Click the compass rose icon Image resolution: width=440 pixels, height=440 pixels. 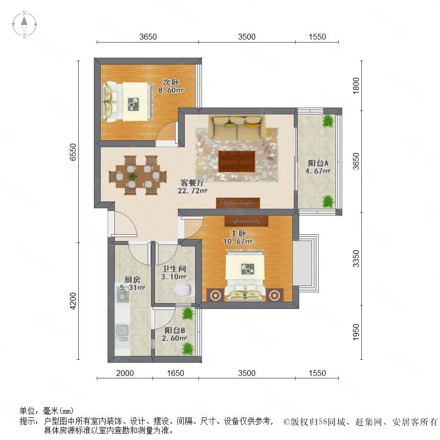coord(24,24)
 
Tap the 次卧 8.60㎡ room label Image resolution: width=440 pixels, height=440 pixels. coord(171,86)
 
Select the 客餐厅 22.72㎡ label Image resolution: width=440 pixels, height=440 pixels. coord(193,187)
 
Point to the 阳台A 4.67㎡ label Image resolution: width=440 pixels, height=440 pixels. coord(318,167)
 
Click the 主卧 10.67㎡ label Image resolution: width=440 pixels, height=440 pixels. coord(238,237)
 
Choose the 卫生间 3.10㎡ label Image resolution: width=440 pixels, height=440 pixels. coord(174,273)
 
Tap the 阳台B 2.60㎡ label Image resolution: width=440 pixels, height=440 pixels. coord(174,334)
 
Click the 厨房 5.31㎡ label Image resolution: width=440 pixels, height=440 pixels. coord(132,284)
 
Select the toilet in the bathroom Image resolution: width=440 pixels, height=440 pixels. coord(184,289)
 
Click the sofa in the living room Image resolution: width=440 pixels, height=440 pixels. coord(237,128)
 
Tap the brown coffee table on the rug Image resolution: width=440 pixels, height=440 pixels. coord(237,161)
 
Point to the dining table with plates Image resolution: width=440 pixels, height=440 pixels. coord(137,176)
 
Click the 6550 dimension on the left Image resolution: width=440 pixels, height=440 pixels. coord(73,152)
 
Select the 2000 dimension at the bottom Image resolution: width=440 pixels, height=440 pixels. coord(125,373)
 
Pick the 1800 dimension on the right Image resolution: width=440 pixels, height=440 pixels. coord(355,86)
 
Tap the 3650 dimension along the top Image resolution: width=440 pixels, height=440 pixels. coord(148,37)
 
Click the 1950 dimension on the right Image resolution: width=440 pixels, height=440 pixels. coord(355,332)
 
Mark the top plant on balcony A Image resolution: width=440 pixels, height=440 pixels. coord(328,121)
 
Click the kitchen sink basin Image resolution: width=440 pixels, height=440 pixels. coord(122,330)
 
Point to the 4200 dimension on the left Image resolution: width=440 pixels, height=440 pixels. coord(73,301)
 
